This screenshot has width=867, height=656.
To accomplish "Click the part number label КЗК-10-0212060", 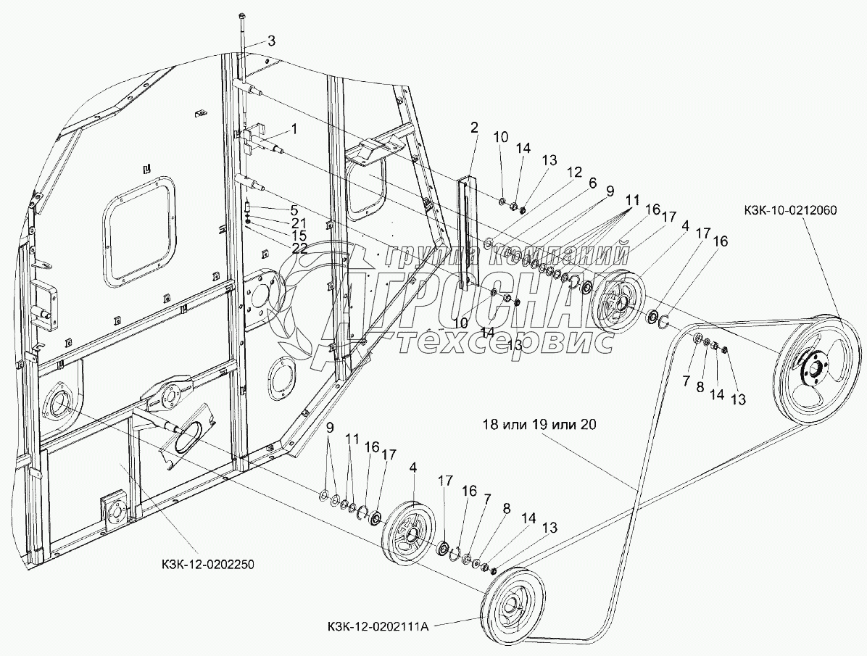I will click(789, 211).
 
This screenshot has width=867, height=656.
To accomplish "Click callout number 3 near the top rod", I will click(271, 41).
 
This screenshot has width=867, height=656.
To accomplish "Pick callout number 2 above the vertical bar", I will click(473, 128).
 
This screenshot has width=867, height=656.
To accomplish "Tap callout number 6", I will click(592, 183).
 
